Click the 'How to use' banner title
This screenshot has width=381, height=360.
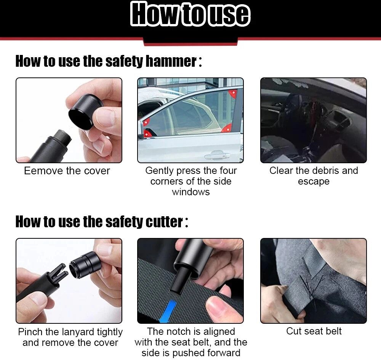point(190,14)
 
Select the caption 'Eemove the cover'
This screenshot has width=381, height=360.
point(67,171)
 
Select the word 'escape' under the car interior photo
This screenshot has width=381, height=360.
point(314,182)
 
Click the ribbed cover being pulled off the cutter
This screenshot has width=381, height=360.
point(85,264)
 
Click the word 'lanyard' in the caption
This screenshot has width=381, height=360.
point(78,332)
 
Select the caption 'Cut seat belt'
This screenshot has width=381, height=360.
point(314,331)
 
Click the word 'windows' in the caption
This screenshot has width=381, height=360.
point(191,192)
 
